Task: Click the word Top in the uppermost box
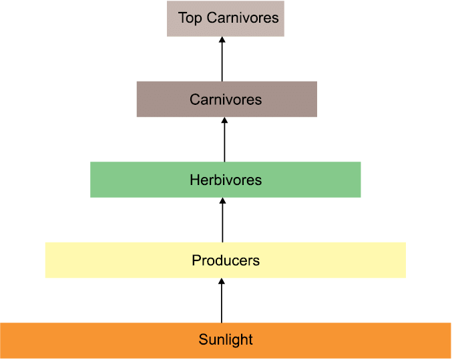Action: pyautogui.click(x=190, y=19)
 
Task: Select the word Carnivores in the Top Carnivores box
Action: pyautogui.click(x=243, y=18)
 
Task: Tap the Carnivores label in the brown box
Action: pyautogui.click(x=226, y=100)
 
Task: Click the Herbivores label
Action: pyautogui.click(x=226, y=180)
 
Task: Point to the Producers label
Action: pyautogui.click(x=226, y=260)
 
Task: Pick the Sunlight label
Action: pyautogui.click(x=226, y=340)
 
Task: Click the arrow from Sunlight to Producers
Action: pyautogui.click(x=222, y=301)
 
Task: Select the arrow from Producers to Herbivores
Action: pyautogui.click(x=222, y=220)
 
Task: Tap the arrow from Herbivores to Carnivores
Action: pyautogui.click(x=224, y=140)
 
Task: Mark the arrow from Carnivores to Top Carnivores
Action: pyautogui.click(x=222, y=59)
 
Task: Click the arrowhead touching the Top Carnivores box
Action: pyautogui.click(x=222, y=39)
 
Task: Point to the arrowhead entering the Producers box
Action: pyautogui.click(x=222, y=281)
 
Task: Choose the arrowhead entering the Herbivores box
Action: pyautogui.click(x=222, y=200)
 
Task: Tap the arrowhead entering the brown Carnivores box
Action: pyautogui.click(x=224, y=120)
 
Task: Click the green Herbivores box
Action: pyautogui.click(x=226, y=180)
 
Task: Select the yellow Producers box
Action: pyautogui.click(x=226, y=260)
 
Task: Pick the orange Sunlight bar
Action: pyautogui.click(x=226, y=341)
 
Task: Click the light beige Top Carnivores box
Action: pyautogui.click(x=226, y=19)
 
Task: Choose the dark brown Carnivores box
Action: pyautogui.click(x=227, y=100)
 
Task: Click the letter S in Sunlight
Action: pyautogui.click(x=203, y=339)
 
